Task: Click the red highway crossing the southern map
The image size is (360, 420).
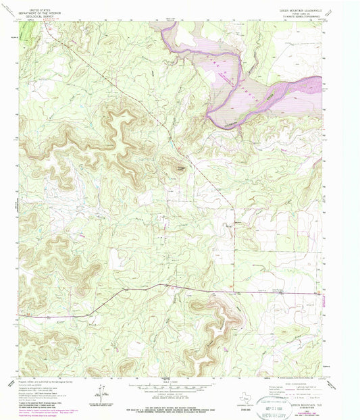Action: pyautogui.click(x=203, y=289)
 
